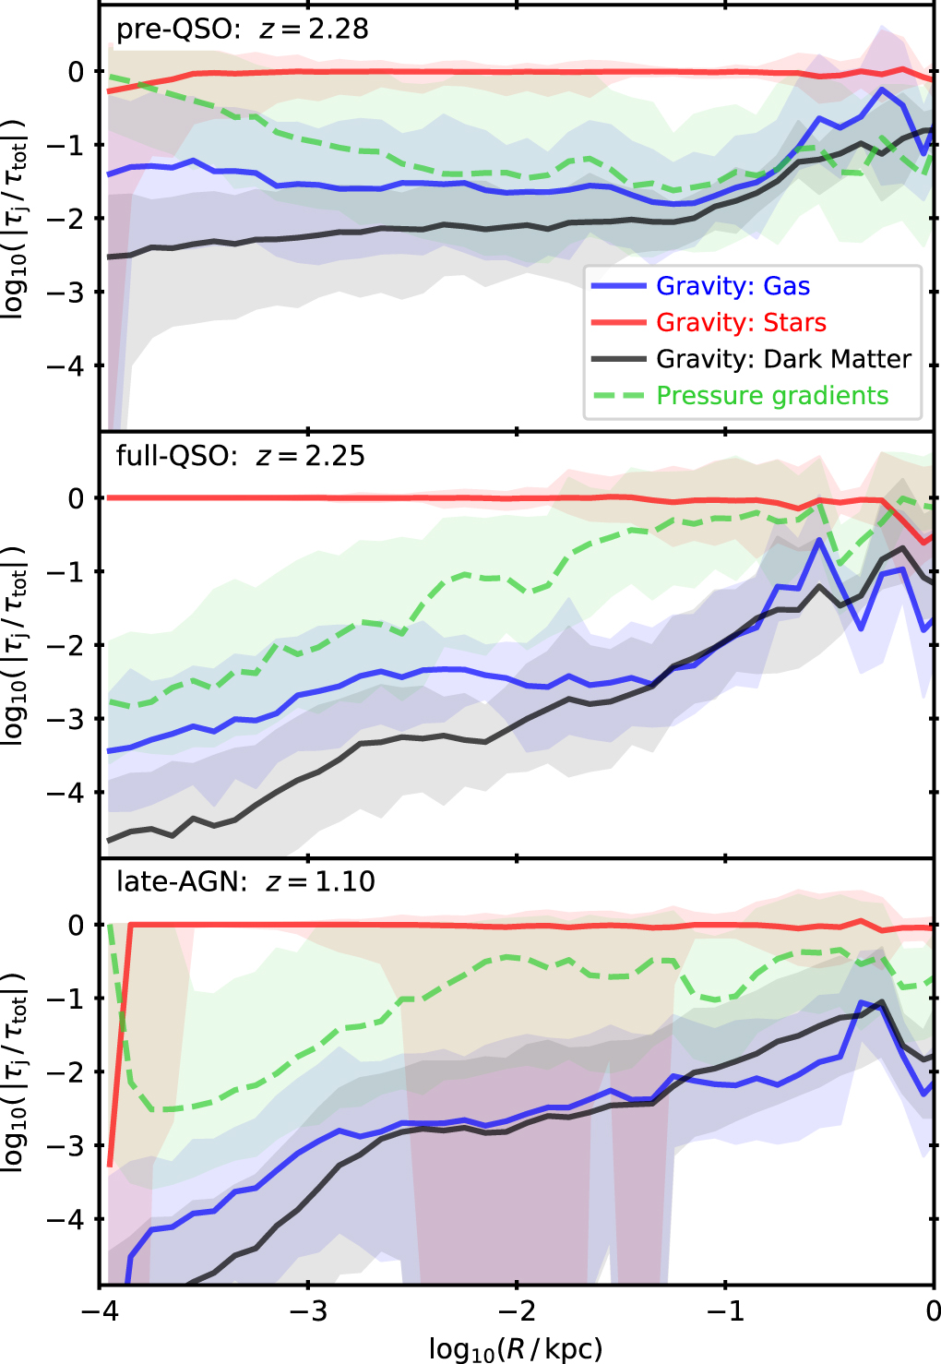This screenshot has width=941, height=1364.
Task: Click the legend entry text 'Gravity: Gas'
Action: pos(733,286)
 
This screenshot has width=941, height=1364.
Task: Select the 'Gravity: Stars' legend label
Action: pos(742,323)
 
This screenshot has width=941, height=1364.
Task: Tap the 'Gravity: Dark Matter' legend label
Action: pos(783,359)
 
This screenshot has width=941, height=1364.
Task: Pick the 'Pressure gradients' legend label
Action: pos(772,396)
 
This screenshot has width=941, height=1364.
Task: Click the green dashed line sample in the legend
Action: pos(619,396)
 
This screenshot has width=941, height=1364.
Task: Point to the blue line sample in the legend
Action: pos(619,286)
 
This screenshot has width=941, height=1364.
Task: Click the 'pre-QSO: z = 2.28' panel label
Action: pos(243,30)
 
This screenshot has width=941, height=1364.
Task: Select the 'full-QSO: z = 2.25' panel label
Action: pos(241,456)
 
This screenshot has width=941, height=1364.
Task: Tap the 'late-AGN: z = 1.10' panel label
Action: pos(245,881)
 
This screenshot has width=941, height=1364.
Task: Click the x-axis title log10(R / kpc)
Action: pos(516,1348)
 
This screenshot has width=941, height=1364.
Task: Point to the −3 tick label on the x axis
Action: pos(308,1310)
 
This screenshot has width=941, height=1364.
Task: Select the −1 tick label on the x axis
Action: pos(725,1310)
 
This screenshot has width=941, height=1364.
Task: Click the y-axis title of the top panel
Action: pos(15,217)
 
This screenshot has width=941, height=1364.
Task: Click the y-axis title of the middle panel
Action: pos(15,644)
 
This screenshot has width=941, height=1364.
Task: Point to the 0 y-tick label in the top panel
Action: pos(77,72)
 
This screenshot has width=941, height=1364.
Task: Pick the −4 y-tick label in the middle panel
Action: pos(66,793)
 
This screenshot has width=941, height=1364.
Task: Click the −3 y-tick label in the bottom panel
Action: pos(66,1145)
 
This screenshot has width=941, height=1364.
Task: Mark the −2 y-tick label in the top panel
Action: pos(66,219)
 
